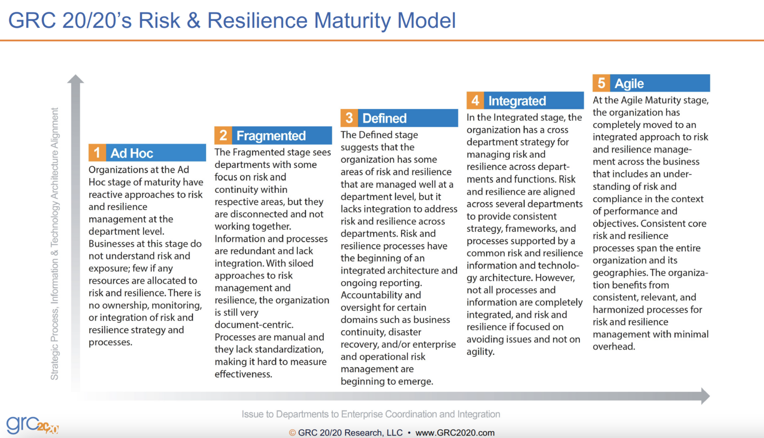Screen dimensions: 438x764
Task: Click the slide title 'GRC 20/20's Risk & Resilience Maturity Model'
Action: pyautogui.click(x=232, y=21)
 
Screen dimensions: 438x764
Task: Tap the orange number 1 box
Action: pyautogui.click(x=97, y=153)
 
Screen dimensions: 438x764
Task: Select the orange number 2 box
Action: pyautogui.click(x=223, y=135)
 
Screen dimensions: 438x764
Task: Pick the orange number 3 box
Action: pyautogui.click(x=349, y=118)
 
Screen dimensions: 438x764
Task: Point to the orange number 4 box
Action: pyautogui.click(x=475, y=100)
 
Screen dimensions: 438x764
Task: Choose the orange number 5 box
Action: pyautogui.click(x=601, y=83)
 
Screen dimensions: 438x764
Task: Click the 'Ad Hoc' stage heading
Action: pyautogui.click(x=132, y=153)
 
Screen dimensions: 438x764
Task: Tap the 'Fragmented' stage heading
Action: pyautogui.click(x=271, y=136)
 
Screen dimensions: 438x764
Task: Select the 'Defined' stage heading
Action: pyautogui.click(x=384, y=118)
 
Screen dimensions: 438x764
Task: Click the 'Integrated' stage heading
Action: pyautogui.click(x=517, y=101)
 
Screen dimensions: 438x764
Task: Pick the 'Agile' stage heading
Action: pyautogui.click(x=629, y=84)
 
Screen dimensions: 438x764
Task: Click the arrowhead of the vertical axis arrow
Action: pyautogui.click(x=76, y=79)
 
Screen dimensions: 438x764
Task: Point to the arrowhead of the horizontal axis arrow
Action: pyautogui.click(x=705, y=396)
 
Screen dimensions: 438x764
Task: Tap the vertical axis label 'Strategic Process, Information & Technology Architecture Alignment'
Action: pyautogui.click(x=55, y=244)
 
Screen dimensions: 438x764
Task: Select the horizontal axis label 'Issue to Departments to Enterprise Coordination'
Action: pyautogui.click(x=371, y=414)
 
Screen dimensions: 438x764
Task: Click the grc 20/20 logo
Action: pyautogui.click(x=32, y=425)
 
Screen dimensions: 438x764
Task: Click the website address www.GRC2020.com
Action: pyautogui.click(x=455, y=433)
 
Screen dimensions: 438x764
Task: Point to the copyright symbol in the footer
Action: pyautogui.click(x=292, y=433)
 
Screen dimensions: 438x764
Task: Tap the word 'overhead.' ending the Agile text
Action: pyautogui.click(x=614, y=347)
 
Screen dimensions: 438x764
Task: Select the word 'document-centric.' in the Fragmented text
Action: pyautogui.click(x=254, y=325)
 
